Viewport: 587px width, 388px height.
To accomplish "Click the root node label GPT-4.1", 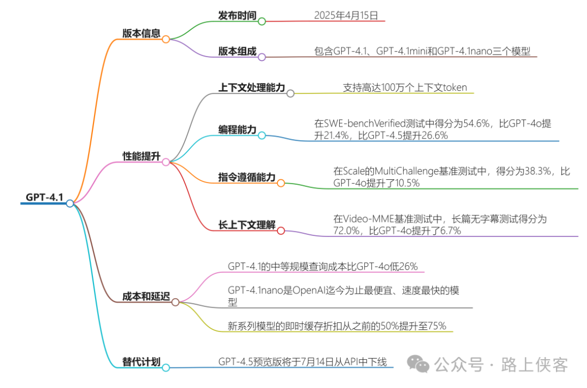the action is (x=45, y=197).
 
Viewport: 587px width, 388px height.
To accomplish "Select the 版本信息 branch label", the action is (x=141, y=33).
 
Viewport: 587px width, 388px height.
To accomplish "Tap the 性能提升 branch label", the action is (x=141, y=157).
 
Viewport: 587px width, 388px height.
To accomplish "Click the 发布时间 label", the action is (x=237, y=15).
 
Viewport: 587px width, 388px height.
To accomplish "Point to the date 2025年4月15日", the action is (x=346, y=15).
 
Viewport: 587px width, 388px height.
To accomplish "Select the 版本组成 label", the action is (x=237, y=51).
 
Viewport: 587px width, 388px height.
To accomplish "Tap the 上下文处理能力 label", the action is (x=252, y=87).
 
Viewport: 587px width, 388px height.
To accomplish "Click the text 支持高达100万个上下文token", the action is (x=405, y=87).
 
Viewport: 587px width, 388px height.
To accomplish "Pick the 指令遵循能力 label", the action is (x=247, y=177).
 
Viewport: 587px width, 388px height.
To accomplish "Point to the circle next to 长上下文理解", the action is (x=281, y=231).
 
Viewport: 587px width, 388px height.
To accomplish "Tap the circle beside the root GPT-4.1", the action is (x=70, y=203).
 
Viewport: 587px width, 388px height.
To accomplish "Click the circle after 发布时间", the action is (x=261, y=21).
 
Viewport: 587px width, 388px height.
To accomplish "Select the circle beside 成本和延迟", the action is (x=175, y=302).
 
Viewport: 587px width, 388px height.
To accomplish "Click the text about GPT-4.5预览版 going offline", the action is (x=302, y=361).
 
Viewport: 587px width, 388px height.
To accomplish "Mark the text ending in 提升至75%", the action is (x=337, y=326).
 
